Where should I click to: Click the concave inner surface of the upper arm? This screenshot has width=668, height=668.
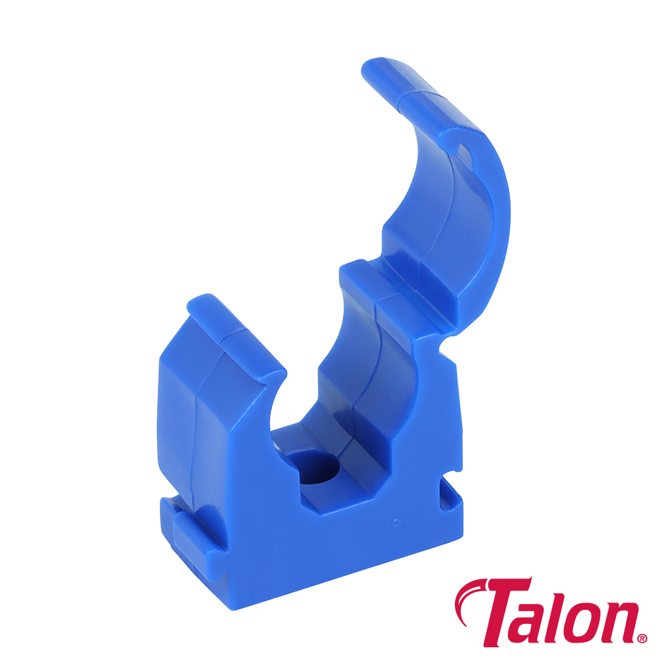428,194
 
